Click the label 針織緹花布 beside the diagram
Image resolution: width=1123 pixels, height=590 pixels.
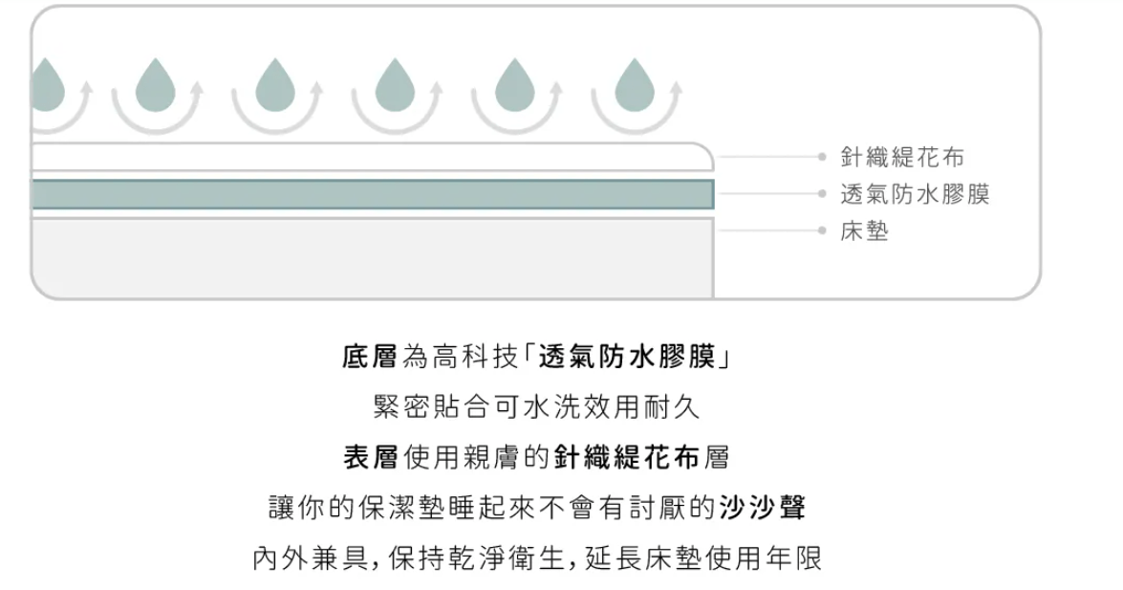point(901,156)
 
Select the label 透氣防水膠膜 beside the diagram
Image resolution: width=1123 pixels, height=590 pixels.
point(915,193)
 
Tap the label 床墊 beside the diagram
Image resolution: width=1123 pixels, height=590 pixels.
point(864,230)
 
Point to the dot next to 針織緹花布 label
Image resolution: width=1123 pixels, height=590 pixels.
point(822,156)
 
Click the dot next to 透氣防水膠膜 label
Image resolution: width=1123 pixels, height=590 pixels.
point(822,193)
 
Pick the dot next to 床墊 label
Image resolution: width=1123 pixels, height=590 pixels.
point(822,230)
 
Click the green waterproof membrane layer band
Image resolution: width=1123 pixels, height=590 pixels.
point(373,194)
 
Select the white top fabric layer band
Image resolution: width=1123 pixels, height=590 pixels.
point(373,157)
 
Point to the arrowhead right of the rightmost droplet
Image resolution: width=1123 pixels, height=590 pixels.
point(674,88)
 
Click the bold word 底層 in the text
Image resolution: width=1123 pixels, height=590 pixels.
point(370,356)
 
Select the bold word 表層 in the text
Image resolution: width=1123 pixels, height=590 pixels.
point(370,457)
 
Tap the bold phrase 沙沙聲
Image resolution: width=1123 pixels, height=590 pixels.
point(763,507)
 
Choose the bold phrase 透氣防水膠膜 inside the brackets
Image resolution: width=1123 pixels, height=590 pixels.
point(627,356)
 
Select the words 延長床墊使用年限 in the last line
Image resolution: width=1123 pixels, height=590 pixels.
point(703,557)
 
